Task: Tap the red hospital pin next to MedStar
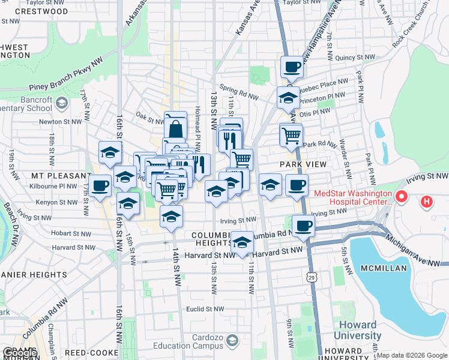click(402, 196)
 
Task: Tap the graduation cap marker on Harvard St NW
click(242, 243)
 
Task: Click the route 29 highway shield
click(310, 277)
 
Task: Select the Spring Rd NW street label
click(239, 91)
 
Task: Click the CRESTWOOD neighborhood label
click(41, 11)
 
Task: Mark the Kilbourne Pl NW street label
click(53, 186)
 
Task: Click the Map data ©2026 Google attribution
click(412, 355)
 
